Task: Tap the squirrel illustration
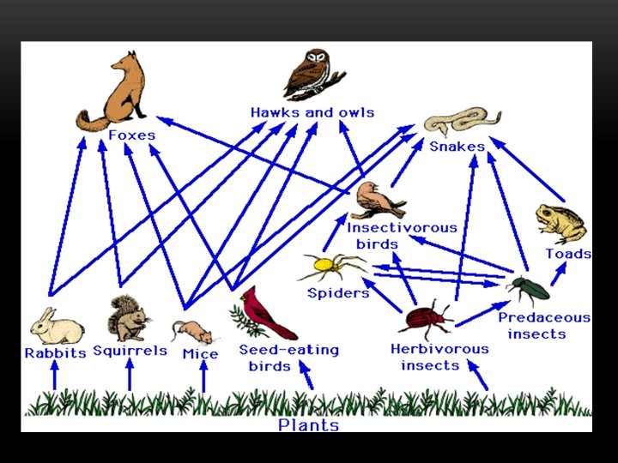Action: click(x=128, y=318)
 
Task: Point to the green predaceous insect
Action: click(x=528, y=290)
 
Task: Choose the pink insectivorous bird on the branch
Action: click(x=381, y=200)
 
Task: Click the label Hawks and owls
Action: click(x=312, y=112)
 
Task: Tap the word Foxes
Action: click(x=132, y=135)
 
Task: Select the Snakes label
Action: click(x=457, y=146)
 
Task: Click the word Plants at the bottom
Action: click(x=309, y=424)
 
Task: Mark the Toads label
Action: click(x=568, y=254)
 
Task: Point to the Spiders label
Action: click(x=338, y=293)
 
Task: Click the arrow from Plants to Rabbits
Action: click(x=55, y=376)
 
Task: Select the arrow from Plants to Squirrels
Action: click(x=130, y=376)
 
